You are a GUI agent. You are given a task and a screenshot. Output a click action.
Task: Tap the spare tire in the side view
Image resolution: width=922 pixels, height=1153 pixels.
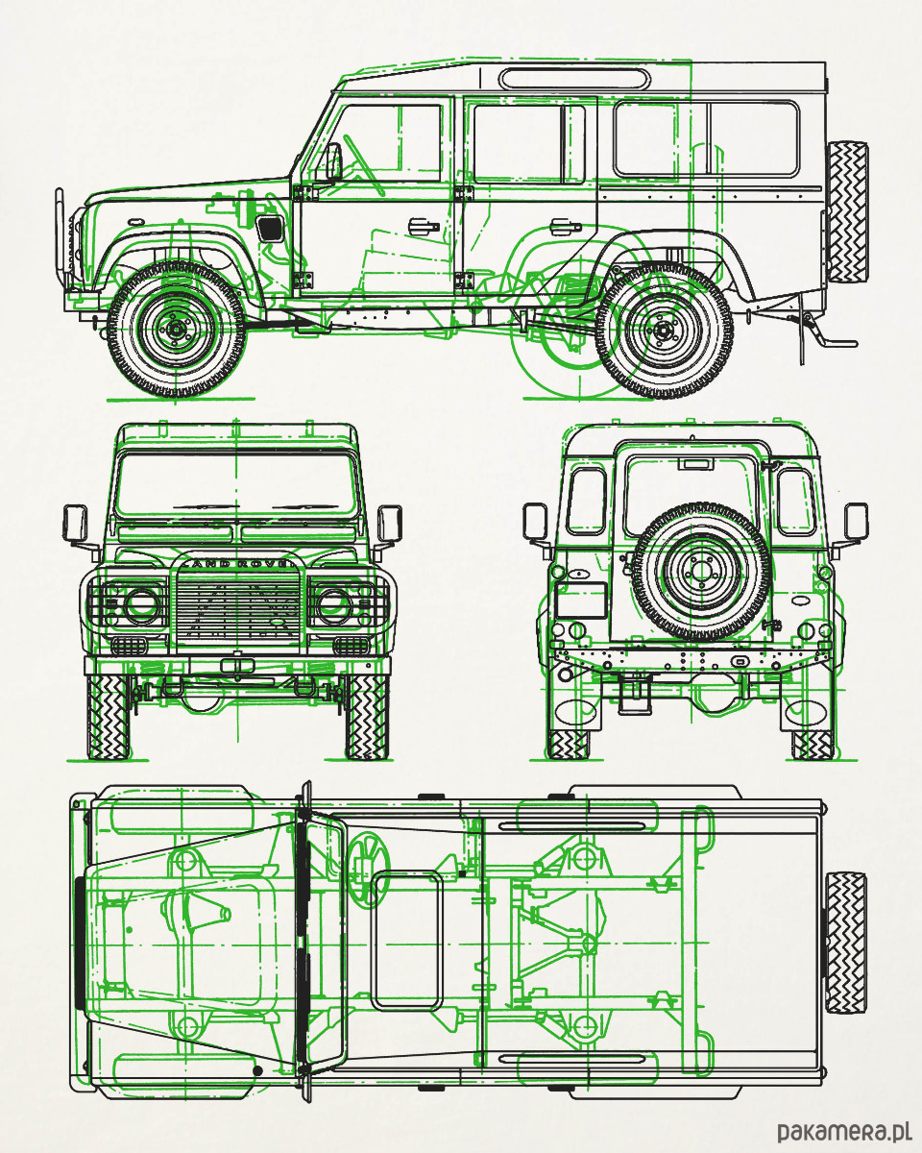click(x=846, y=211)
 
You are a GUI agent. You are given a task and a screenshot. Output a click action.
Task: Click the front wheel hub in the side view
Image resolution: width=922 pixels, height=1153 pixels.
click(x=176, y=329)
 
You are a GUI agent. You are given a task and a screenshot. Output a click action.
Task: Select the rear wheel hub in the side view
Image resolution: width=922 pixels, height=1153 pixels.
click(x=662, y=331)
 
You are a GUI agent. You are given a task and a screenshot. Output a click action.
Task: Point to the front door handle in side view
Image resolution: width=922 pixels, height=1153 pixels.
click(x=421, y=227)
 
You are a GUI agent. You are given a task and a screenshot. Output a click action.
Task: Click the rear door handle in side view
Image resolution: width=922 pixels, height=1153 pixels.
click(x=564, y=228)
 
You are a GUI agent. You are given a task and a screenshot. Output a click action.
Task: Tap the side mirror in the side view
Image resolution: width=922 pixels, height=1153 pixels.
click(x=332, y=161)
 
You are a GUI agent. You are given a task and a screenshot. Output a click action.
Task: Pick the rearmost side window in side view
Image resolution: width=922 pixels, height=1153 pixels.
click(x=706, y=139)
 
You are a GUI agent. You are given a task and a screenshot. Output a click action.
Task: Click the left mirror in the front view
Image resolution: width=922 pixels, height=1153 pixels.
click(x=76, y=523)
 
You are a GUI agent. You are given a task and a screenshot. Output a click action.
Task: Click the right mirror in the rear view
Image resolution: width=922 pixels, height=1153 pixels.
click(x=855, y=522)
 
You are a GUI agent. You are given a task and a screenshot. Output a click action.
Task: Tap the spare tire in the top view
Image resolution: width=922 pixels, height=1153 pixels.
click(x=845, y=943)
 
